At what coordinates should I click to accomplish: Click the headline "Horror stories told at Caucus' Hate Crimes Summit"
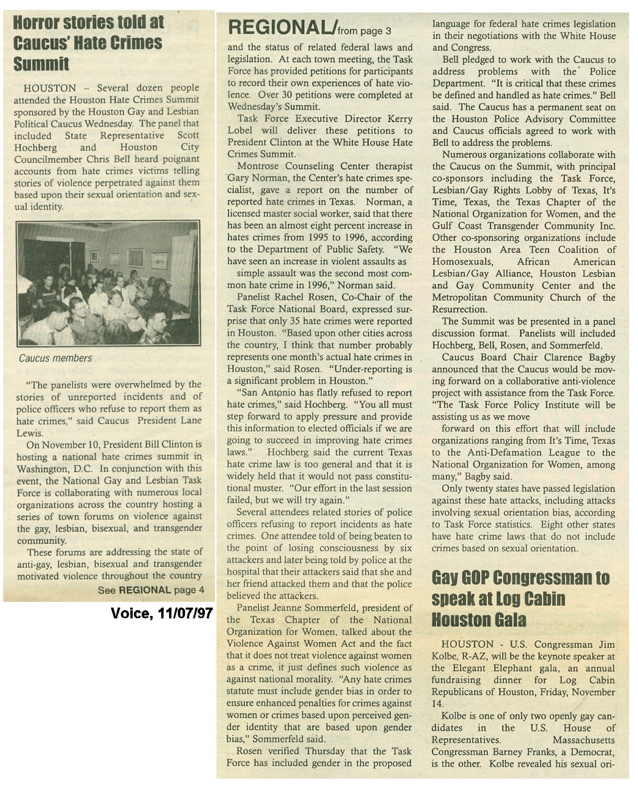[x=88, y=43]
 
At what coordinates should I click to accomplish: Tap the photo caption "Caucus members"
[x=55, y=358]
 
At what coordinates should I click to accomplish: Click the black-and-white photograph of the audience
[x=108, y=283]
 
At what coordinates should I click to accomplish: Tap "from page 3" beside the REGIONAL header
[x=364, y=31]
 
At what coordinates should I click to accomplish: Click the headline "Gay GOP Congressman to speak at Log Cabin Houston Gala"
[x=520, y=599]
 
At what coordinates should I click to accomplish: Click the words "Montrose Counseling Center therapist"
[x=324, y=166]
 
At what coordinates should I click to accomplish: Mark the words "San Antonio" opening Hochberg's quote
[x=259, y=393]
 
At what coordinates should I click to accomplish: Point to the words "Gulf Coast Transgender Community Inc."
[x=523, y=226]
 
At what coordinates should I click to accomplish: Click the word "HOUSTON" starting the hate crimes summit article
[x=50, y=88]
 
